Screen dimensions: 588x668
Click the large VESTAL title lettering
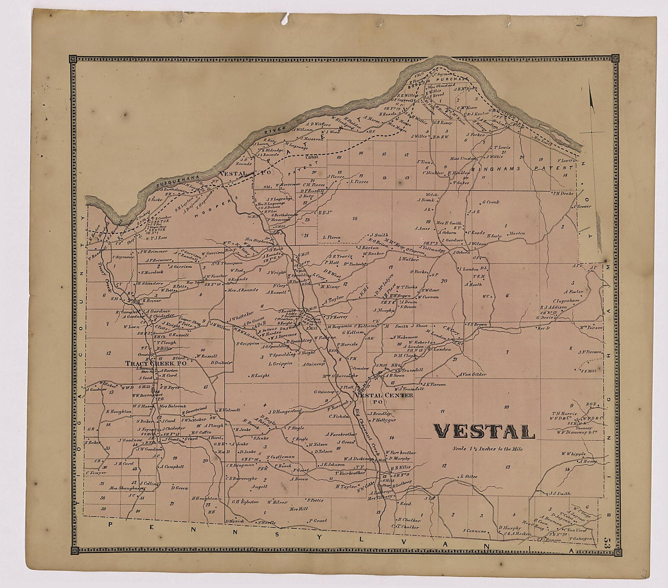click(x=484, y=431)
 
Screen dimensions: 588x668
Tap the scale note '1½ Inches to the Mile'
click(x=486, y=449)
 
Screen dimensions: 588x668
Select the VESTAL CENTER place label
click(x=383, y=395)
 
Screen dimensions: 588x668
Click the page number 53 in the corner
click(x=606, y=543)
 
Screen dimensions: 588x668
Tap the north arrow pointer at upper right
click(x=591, y=98)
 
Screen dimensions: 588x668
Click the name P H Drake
click(x=562, y=193)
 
